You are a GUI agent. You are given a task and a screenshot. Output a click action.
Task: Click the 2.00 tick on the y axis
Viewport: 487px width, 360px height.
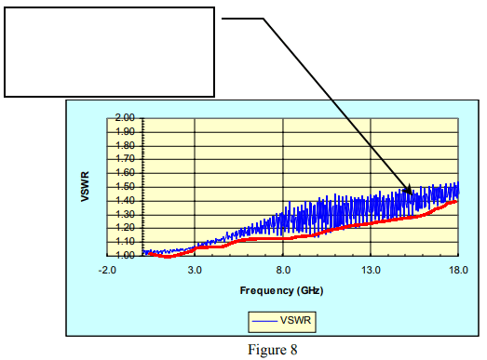click(125, 118)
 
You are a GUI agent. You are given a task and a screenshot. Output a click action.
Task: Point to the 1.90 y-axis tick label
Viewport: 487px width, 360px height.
click(125, 131)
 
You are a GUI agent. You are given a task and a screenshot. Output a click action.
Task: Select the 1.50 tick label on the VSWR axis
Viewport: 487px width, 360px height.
click(125, 186)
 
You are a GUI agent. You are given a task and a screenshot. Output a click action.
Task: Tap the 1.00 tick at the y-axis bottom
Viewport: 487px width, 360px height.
click(125, 254)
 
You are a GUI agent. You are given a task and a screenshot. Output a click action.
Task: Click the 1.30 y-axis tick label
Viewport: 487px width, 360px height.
click(125, 213)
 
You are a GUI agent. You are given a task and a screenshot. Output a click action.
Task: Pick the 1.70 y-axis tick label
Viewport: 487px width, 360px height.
click(125, 159)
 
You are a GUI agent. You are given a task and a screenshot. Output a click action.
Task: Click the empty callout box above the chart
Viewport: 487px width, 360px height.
click(110, 52)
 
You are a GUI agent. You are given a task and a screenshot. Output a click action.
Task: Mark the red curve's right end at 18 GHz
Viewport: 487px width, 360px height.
click(457, 200)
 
